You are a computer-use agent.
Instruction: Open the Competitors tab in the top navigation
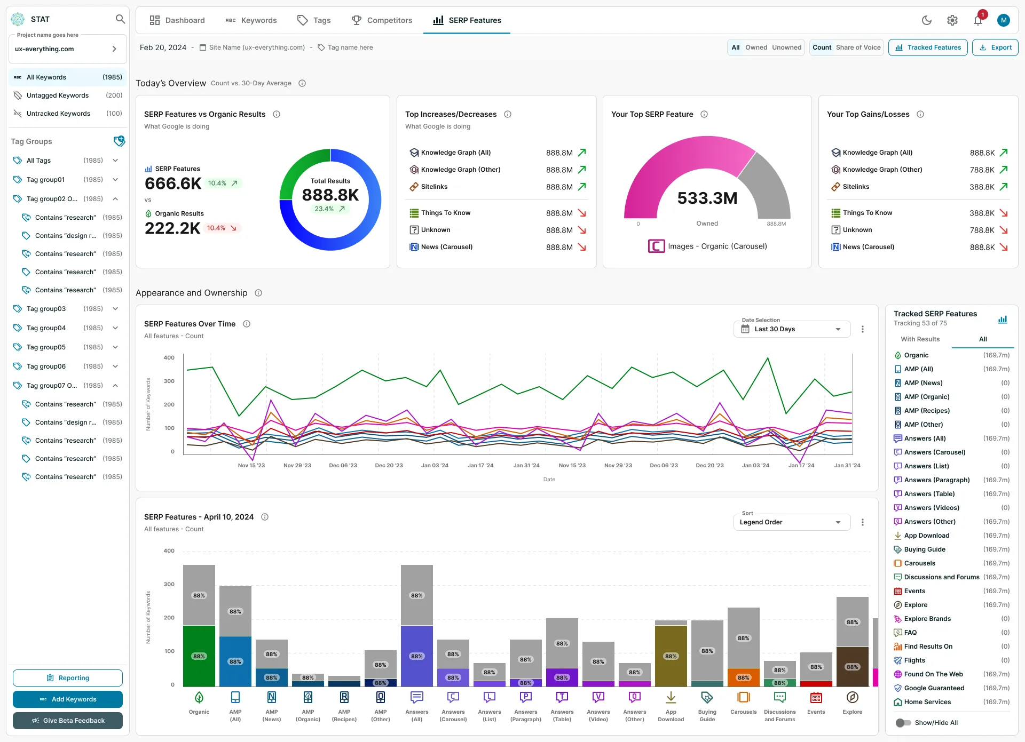tap(382, 20)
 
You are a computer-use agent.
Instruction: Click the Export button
tap(995, 47)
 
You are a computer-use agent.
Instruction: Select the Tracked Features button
tap(928, 47)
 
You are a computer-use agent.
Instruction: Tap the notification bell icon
tap(978, 20)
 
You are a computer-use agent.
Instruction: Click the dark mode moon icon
tap(927, 20)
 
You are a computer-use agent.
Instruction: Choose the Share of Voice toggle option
tap(858, 47)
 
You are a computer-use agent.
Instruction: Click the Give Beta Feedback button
tap(68, 721)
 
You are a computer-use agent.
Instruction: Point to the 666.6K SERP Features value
tap(173, 183)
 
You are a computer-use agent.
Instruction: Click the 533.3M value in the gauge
tap(707, 198)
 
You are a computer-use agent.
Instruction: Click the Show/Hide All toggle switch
tap(903, 723)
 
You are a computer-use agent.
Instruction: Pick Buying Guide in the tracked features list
tap(925, 549)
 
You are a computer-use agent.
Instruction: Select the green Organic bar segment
tap(199, 656)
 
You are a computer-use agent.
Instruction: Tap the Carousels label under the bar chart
tap(744, 712)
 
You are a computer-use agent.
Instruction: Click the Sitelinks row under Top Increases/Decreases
tap(497, 187)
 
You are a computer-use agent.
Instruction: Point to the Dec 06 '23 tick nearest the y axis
tap(343, 466)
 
